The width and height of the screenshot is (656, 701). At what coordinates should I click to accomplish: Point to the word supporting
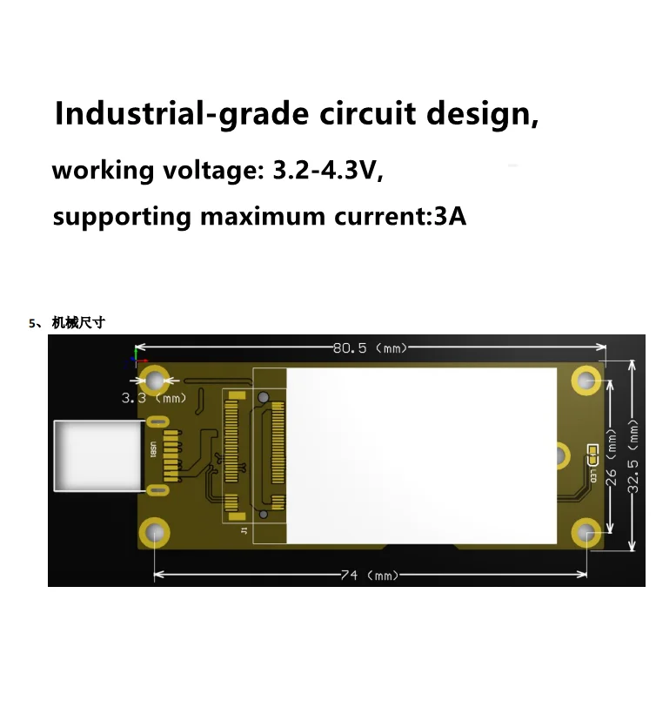[123, 217]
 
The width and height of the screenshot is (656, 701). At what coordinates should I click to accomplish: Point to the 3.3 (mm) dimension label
[153, 398]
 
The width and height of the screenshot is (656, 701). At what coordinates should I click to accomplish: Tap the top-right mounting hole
[586, 380]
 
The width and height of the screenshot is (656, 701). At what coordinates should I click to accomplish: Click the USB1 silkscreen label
[153, 455]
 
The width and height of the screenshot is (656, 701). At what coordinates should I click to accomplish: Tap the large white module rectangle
[421, 455]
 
